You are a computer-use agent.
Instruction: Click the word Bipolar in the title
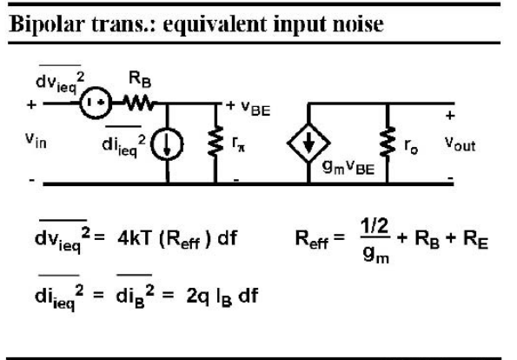click(45, 24)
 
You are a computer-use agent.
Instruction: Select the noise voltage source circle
click(96, 103)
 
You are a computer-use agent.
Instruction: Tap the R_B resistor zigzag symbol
click(139, 103)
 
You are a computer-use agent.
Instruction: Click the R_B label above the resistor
click(140, 80)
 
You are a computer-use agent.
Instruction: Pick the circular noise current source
click(167, 144)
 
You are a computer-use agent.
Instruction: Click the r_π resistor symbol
click(215, 141)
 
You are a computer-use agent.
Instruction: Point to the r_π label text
click(238, 143)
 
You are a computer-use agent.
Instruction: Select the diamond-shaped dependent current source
click(308, 143)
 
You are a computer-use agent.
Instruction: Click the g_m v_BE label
click(348, 167)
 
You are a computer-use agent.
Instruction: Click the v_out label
click(460, 144)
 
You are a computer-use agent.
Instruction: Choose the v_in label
click(36, 140)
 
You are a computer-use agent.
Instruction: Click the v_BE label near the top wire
click(255, 108)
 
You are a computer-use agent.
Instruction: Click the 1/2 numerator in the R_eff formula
click(374, 226)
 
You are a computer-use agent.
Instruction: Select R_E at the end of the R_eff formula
click(475, 239)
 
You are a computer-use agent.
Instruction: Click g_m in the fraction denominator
click(376, 255)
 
